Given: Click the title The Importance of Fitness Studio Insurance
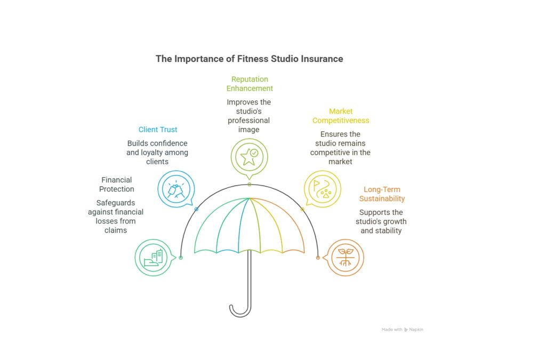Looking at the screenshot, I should [249, 59].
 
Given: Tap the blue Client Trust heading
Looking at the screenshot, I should [158, 130].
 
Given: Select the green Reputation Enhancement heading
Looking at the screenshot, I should [250, 84].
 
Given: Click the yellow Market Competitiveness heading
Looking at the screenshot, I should [341, 116].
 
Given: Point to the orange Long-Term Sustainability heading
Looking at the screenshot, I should [382, 194].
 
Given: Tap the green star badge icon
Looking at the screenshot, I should [249, 156].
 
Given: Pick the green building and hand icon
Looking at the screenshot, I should [153, 257].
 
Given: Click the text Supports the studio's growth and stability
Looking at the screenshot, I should [381, 222].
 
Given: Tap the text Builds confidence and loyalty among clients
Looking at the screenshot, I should [157, 153].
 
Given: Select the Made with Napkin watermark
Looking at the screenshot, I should [403, 330].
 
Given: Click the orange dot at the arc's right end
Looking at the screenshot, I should [318, 258].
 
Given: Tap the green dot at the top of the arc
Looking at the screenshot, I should [249, 185].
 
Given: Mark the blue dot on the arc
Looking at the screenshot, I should [196, 209].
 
